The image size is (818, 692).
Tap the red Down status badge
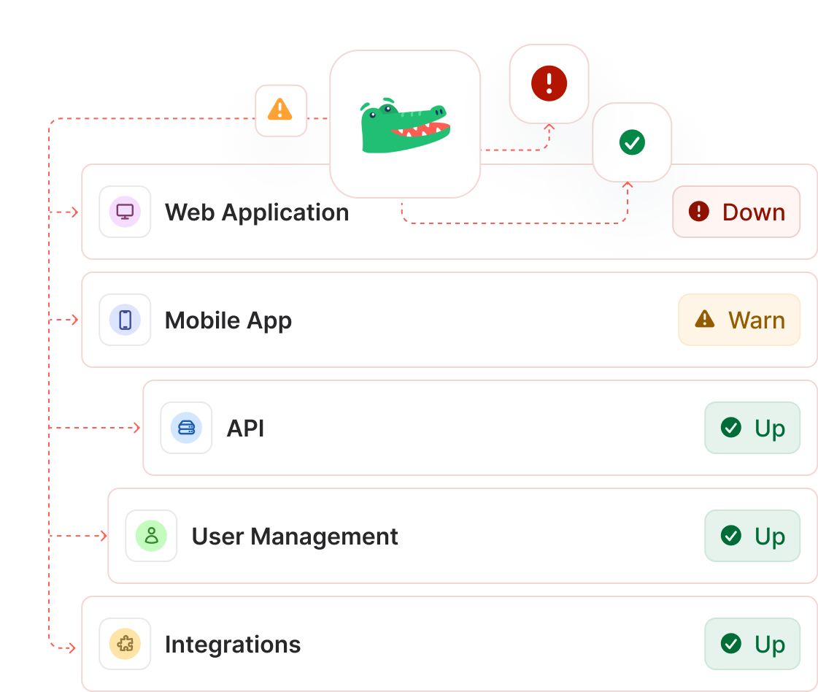[736, 212]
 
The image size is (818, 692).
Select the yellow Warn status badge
[739, 320]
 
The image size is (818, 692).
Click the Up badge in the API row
[752, 428]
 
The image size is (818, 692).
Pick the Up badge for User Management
[752, 536]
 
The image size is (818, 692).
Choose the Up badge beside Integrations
[752, 644]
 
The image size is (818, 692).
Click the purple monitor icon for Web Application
[125, 212]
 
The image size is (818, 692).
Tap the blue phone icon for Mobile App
[125, 320]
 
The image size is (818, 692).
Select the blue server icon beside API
[186, 428]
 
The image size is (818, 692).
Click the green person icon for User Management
[151, 536]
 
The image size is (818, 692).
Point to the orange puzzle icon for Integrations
[125, 644]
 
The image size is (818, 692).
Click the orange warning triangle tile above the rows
[280, 110]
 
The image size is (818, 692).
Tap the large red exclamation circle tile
[549, 83]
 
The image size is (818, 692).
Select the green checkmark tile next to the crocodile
[632, 142]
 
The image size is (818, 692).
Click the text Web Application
[257, 212]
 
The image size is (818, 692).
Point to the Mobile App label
[228, 320]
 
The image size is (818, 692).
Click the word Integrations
[233, 645]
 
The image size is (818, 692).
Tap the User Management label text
[295, 537]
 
